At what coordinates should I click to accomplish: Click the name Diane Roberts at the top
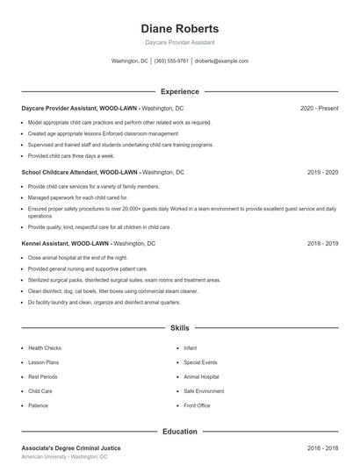click(x=179, y=28)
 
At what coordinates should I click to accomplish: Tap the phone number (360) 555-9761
click(x=171, y=61)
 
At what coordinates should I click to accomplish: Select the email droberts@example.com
click(x=221, y=61)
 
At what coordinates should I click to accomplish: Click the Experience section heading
click(x=179, y=91)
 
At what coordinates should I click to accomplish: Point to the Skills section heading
click(x=179, y=328)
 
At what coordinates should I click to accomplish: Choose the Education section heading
click(x=179, y=432)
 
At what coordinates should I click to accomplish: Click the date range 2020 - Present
click(x=319, y=108)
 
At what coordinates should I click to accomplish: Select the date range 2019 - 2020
click(x=322, y=173)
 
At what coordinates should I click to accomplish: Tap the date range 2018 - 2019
click(x=322, y=243)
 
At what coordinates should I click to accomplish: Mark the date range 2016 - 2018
click(x=322, y=448)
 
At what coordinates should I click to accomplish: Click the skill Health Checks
click(x=45, y=348)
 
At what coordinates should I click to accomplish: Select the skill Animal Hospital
click(x=201, y=377)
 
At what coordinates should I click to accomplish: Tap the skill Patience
click(x=39, y=406)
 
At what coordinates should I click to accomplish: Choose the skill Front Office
click(x=197, y=406)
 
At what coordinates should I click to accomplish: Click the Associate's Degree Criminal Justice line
click(x=71, y=448)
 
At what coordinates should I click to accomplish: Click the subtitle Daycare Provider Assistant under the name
click(x=179, y=42)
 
